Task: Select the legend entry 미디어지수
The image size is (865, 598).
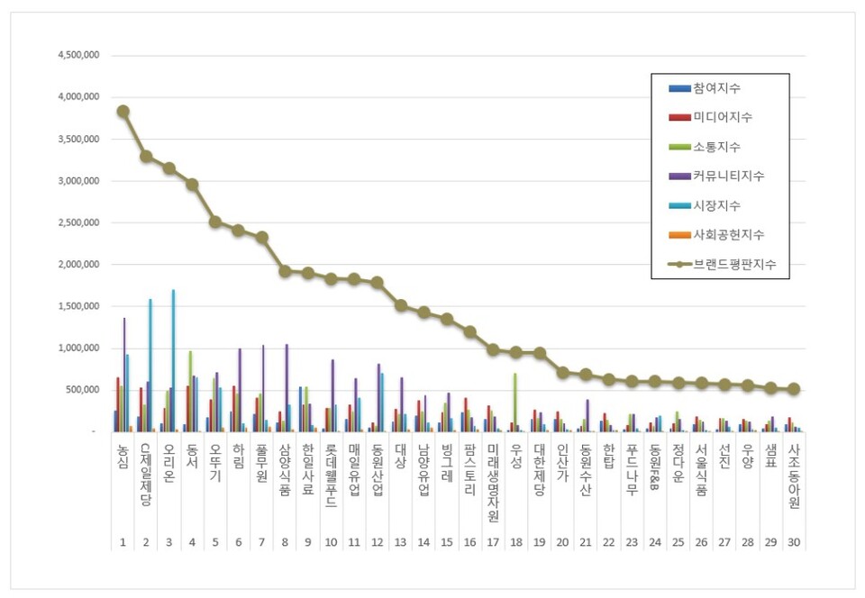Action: [723, 117]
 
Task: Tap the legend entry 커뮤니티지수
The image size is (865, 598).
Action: [729, 176]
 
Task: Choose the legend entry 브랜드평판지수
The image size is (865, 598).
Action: [734, 265]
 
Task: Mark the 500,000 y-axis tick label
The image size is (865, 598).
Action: [82, 390]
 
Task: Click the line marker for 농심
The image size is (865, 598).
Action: [123, 111]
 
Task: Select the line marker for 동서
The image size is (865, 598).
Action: [192, 184]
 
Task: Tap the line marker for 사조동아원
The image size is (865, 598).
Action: [794, 389]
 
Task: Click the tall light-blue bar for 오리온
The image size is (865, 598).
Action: [173, 360]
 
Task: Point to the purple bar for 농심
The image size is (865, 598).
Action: [124, 375]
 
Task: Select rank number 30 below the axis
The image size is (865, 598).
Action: [793, 540]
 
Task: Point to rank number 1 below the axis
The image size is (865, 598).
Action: [123, 540]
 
